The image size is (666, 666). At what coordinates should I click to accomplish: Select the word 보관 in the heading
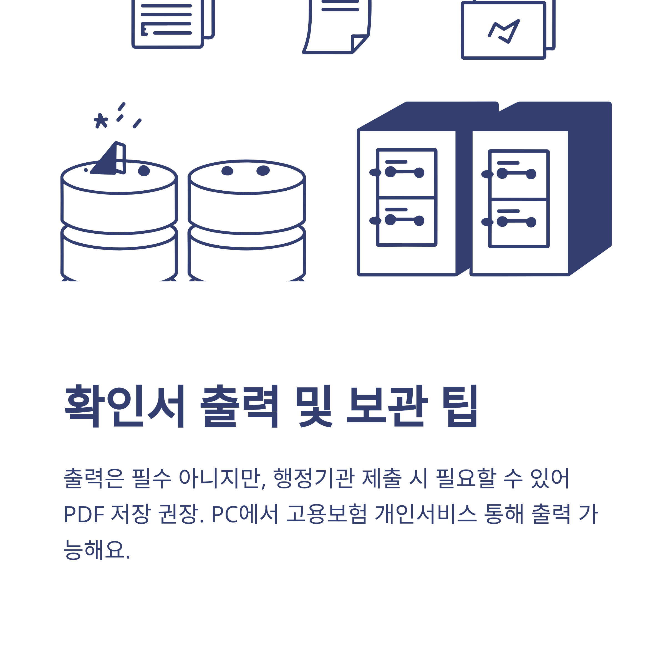(x=387, y=406)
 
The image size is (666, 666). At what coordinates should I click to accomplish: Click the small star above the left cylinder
(x=101, y=121)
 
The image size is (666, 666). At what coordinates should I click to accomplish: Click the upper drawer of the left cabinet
(x=407, y=173)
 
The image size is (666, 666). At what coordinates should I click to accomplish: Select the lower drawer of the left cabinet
(x=407, y=222)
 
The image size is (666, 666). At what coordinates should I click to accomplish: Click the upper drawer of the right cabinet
(x=519, y=175)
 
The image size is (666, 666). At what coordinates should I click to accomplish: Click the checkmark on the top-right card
(x=504, y=32)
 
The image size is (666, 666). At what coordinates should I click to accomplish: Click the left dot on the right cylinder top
(x=227, y=171)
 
